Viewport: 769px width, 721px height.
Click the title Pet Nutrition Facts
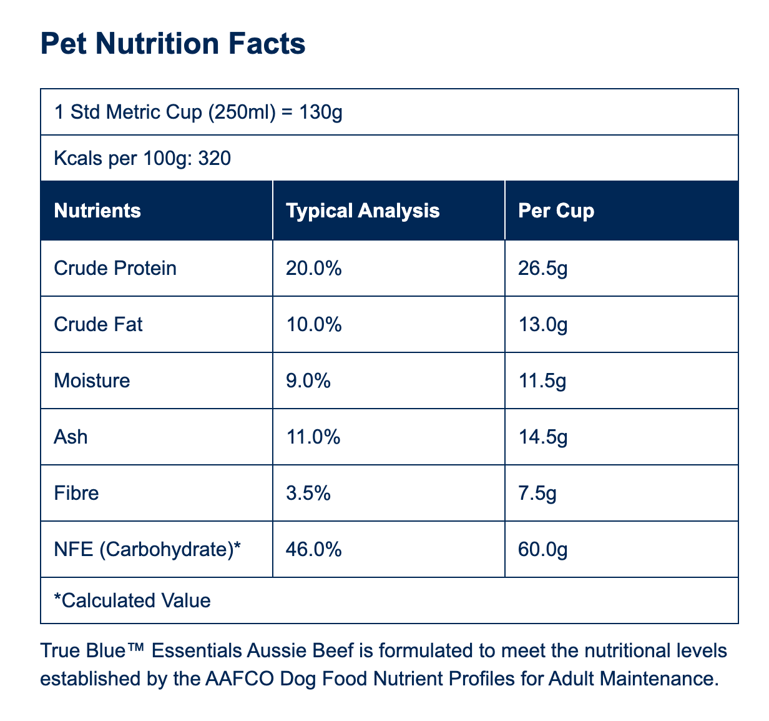pos(173,43)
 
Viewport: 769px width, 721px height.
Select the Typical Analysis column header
pos(363,211)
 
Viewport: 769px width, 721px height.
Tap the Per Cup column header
pos(556,211)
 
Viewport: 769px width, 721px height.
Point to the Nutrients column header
pos(97,211)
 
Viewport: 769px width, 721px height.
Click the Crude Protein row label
pos(115,268)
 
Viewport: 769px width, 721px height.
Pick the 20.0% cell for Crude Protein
pos(313,268)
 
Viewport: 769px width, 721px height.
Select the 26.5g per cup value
pos(543,269)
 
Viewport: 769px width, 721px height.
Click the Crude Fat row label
pos(98,324)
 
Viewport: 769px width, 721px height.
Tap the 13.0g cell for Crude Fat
pos(543,325)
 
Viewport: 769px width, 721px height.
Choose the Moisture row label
pos(92,380)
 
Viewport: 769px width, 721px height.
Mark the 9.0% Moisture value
pos(308,380)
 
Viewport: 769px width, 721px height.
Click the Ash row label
pos(71,437)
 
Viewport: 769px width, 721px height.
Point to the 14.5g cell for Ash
pos(543,437)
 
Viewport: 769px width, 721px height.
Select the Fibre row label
pos(76,493)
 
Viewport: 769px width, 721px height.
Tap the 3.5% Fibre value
pos(308,493)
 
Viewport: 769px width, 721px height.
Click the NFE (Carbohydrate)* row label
pos(147,550)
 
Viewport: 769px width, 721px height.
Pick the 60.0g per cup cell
pos(543,550)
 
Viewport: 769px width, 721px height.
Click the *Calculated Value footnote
pos(132,600)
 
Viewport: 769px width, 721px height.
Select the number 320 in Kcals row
pos(215,158)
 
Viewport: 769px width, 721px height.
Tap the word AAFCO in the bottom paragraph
pos(240,679)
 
